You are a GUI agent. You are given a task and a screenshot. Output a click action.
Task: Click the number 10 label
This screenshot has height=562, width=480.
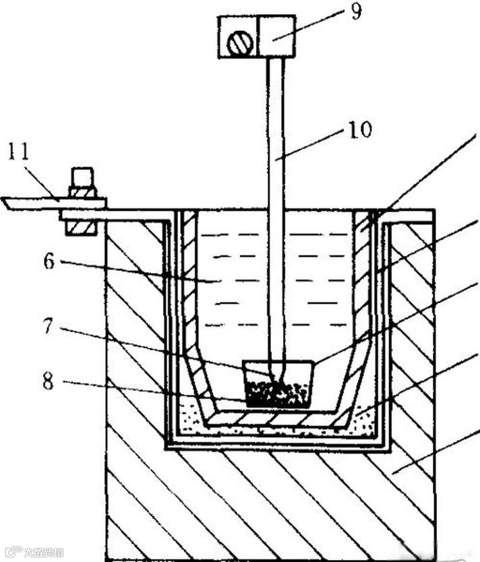click(x=360, y=129)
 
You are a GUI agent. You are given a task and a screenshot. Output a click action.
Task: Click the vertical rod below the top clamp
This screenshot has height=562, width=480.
click(x=276, y=202)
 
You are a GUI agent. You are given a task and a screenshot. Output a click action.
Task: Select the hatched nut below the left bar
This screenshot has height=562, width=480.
click(x=81, y=225)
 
